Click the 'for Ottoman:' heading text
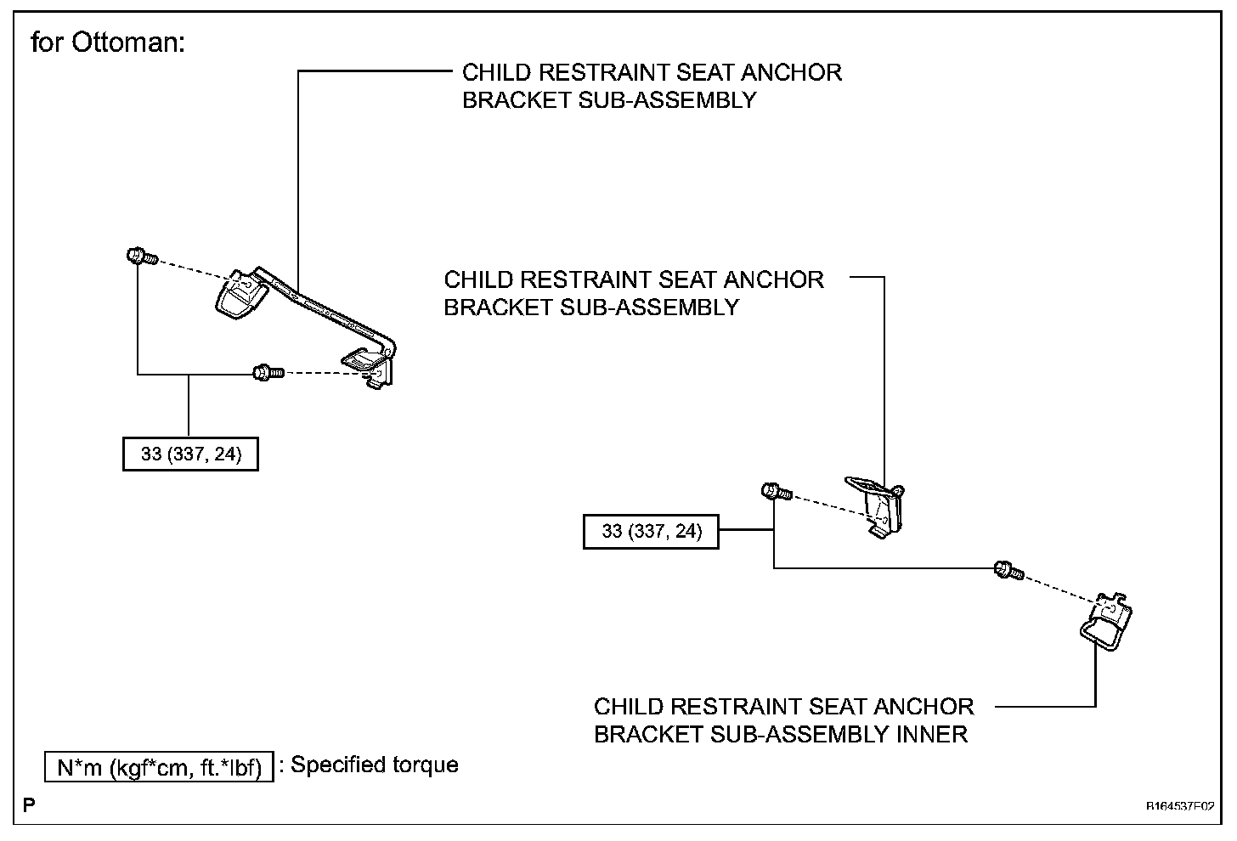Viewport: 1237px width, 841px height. [x=108, y=42]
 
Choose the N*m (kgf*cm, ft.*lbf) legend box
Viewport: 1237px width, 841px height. [x=160, y=767]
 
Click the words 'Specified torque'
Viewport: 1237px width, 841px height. [x=375, y=765]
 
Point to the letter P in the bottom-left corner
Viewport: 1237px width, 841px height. [x=29, y=804]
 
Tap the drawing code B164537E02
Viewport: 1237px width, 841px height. [x=1179, y=806]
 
